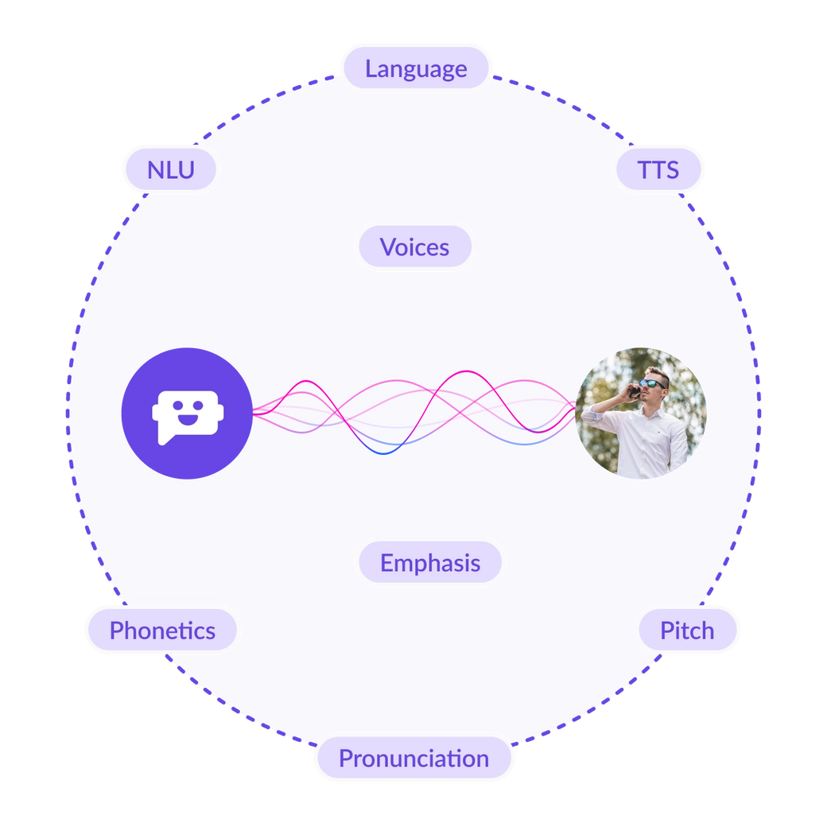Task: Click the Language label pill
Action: tap(415, 68)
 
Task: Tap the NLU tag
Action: tap(170, 169)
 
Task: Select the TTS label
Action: tap(658, 169)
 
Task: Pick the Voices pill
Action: tap(414, 247)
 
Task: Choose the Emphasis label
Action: tap(429, 563)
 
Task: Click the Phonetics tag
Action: tap(162, 631)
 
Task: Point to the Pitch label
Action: tap(686, 631)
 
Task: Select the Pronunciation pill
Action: tap(413, 758)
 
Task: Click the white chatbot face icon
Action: tap(186, 413)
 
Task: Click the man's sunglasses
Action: tap(654, 383)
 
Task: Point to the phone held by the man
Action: tap(635, 390)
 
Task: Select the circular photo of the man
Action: tap(641, 413)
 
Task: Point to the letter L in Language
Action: tap(371, 68)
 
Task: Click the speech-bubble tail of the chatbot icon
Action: tap(163, 439)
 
